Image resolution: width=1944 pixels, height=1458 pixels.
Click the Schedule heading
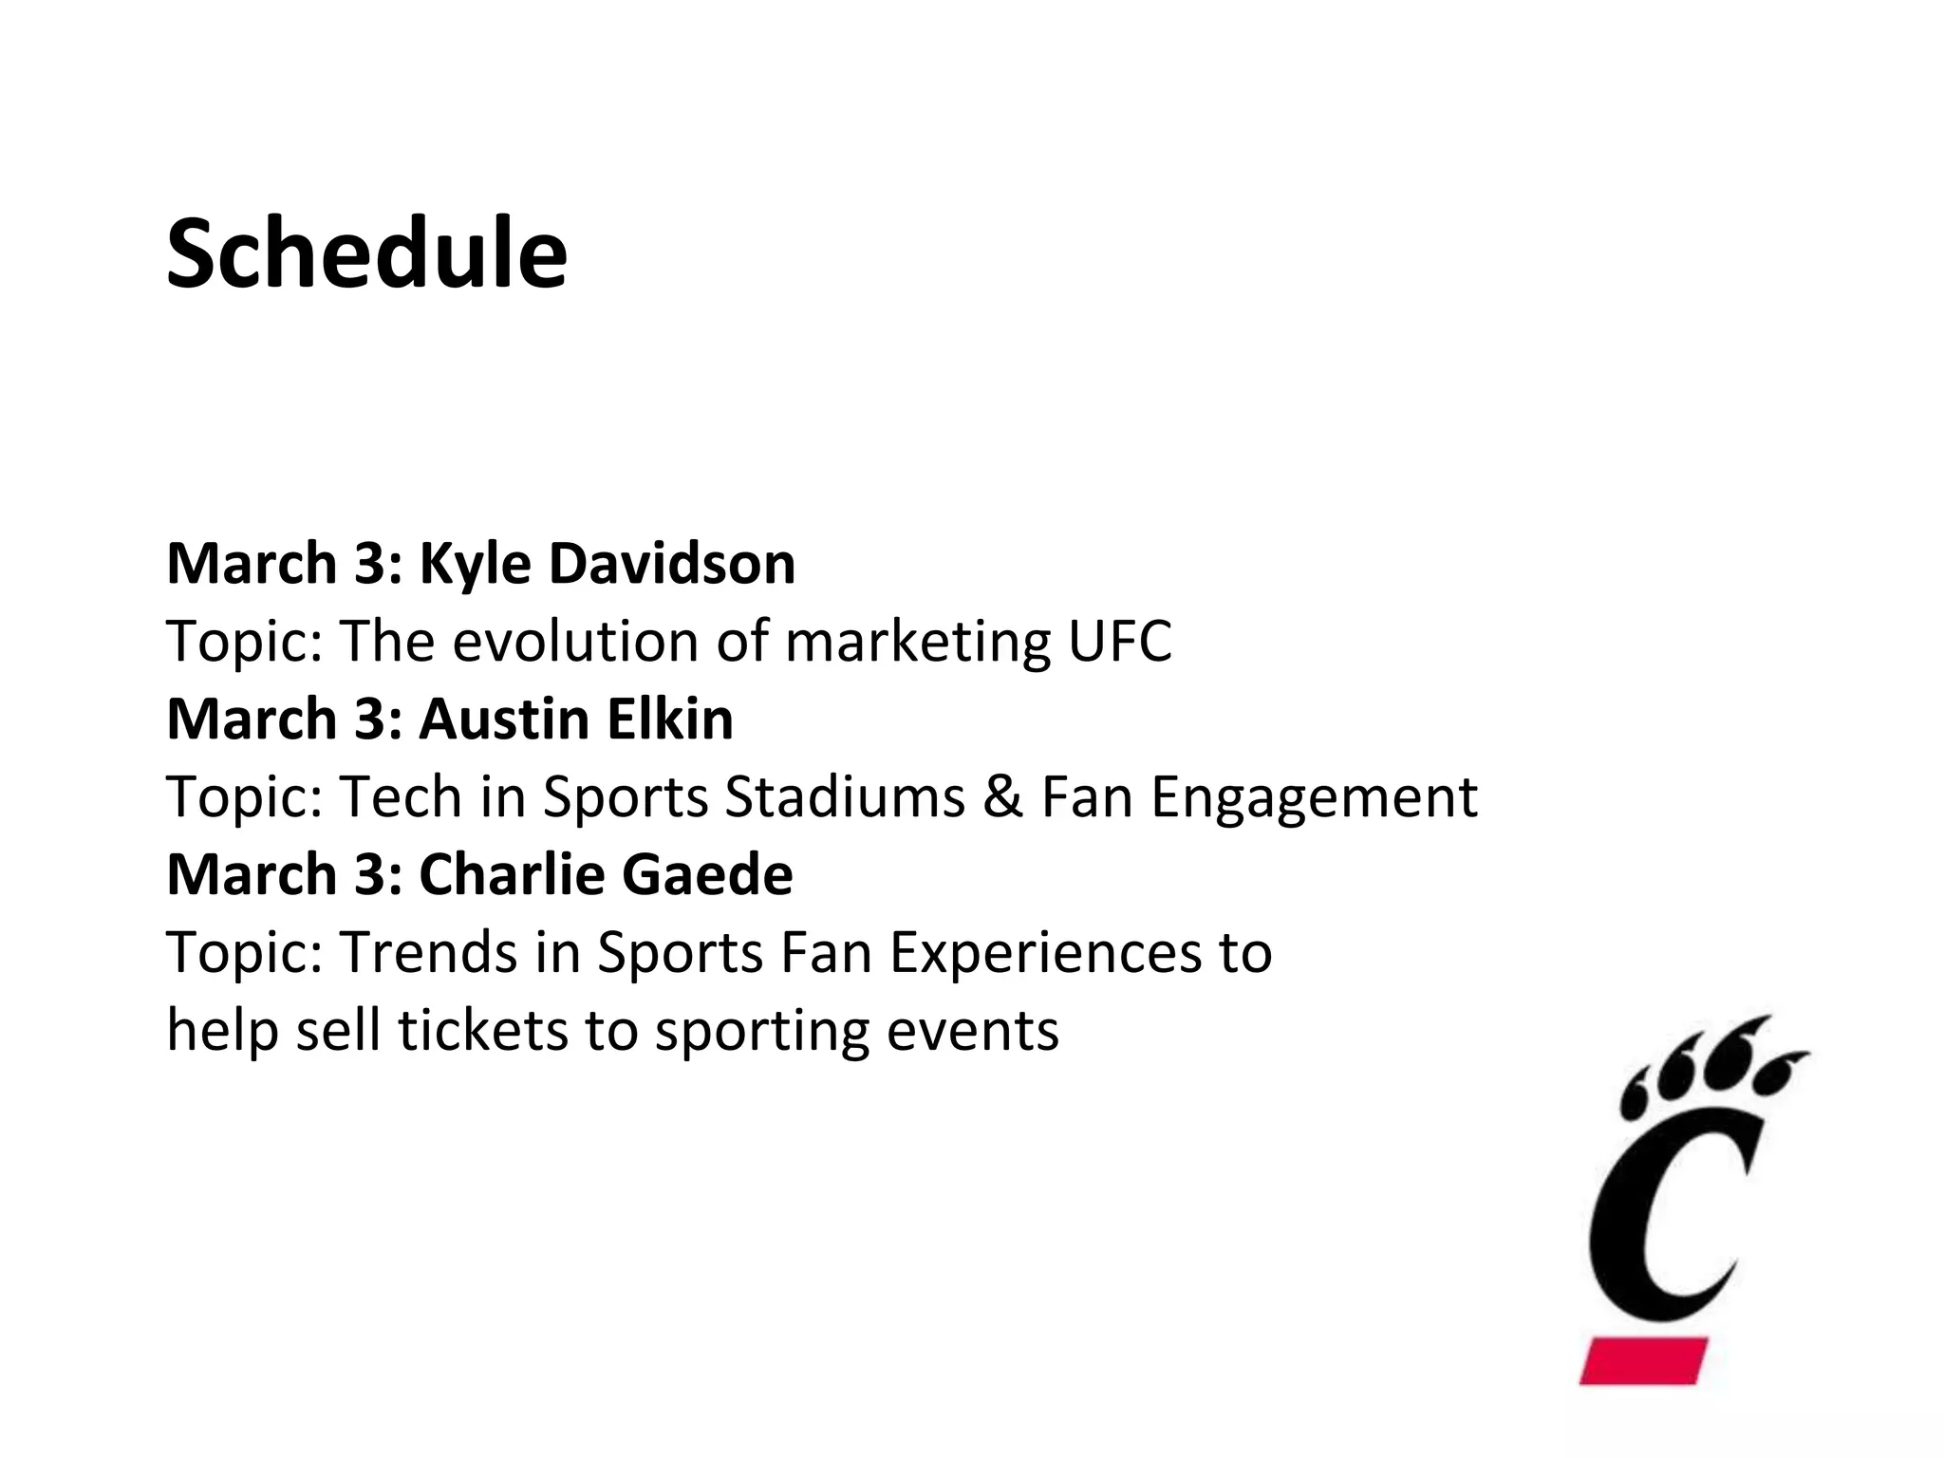pyautogui.click(x=366, y=253)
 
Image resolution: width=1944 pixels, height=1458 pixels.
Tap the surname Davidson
pyautogui.click(x=672, y=564)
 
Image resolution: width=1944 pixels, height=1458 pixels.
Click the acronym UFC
pyautogui.click(x=1120, y=642)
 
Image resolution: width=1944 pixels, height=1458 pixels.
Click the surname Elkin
pyautogui.click(x=670, y=720)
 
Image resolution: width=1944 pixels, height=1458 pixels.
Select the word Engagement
pyautogui.click(x=1314, y=798)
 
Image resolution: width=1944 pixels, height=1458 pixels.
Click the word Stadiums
pyautogui.click(x=845, y=796)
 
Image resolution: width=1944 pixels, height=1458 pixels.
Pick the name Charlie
pyautogui.click(x=513, y=874)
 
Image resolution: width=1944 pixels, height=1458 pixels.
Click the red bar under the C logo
pyautogui.click(x=1643, y=1360)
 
